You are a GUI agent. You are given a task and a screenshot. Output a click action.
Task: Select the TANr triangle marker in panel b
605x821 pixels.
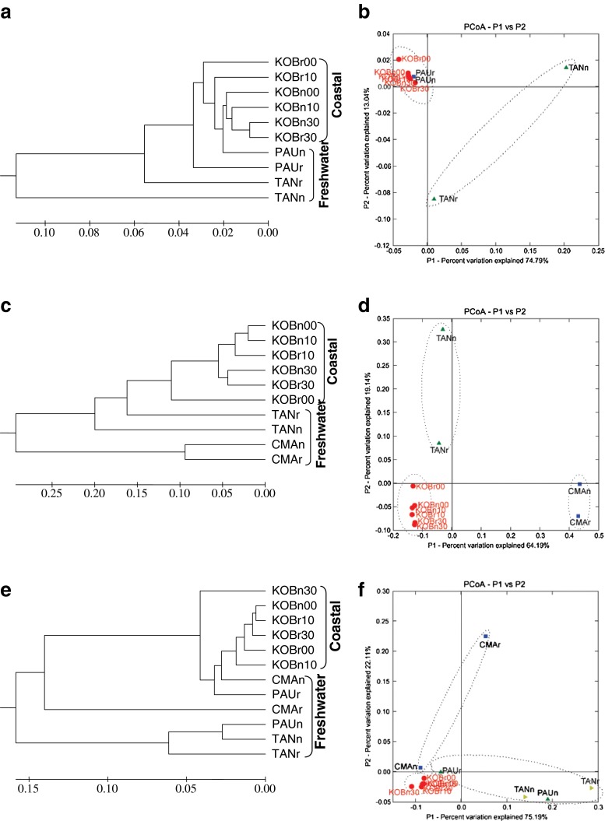tap(434, 198)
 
